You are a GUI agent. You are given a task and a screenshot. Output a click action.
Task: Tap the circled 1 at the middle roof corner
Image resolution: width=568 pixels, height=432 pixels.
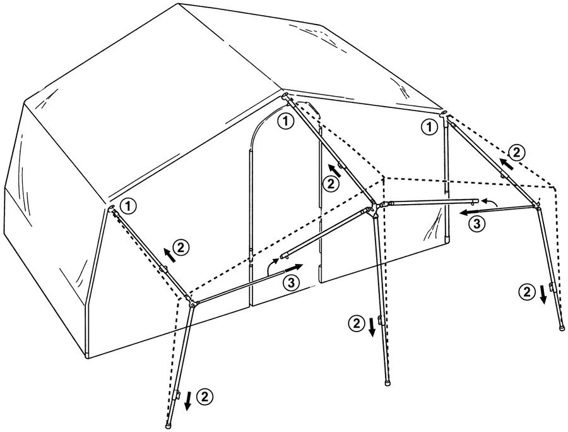(x=285, y=121)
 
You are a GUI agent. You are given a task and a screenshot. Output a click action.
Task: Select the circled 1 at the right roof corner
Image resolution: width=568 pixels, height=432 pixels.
(x=429, y=128)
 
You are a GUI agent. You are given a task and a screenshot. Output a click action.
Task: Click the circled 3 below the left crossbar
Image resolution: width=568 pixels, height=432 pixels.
(x=292, y=283)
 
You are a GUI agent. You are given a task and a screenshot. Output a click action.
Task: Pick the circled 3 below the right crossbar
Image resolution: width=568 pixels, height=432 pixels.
(x=476, y=224)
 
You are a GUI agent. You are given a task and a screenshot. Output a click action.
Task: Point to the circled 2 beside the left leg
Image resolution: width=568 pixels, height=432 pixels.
(x=204, y=396)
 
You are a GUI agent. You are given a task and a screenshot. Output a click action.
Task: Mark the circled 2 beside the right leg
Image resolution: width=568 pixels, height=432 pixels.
(x=527, y=291)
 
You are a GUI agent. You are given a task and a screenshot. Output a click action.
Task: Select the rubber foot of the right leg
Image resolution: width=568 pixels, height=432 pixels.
(x=562, y=327)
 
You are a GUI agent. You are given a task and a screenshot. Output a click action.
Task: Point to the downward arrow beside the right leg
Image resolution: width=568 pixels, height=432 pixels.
(x=543, y=294)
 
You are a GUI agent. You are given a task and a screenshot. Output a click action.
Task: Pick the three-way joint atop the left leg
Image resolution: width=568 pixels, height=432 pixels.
(x=191, y=301)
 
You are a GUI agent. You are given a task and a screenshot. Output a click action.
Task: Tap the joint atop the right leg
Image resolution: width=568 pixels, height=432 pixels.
(x=535, y=205)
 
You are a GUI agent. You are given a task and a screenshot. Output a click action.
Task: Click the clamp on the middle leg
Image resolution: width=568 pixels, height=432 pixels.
(x=380, y=320)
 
